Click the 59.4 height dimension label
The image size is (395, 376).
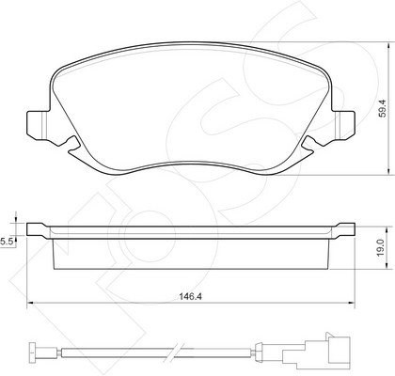383,108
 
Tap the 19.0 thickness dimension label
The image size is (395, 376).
381,247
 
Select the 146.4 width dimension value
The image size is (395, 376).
190,296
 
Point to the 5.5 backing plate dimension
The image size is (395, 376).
7,242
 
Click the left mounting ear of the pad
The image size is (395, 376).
38,125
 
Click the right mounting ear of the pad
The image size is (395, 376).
344,125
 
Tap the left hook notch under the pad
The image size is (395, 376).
72,145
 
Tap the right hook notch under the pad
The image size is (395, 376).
308,145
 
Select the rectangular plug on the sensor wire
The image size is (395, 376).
338,351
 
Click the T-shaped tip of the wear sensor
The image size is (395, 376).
36,352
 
